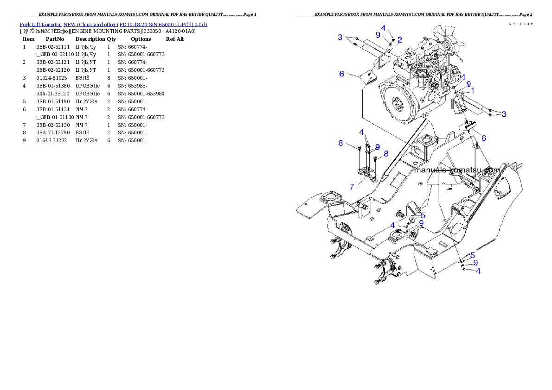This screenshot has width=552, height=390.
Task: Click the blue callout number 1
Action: point(472,91)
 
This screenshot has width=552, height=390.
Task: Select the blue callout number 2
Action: point(399,40)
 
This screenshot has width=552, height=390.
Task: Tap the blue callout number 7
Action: point(352,187)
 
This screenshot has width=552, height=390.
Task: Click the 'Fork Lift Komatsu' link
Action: point(40,24)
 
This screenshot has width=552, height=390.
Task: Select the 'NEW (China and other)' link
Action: point(90,24)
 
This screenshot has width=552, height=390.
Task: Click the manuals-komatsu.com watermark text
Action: point(456,170)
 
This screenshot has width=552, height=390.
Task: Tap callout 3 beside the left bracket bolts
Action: point(340,37)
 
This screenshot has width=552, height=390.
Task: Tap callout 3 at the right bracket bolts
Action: point(504,114)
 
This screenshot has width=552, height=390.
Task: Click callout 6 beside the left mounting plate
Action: point(342,74)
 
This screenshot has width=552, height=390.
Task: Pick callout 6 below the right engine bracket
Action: point(483,138)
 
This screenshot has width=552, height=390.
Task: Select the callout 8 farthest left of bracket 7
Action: point(340,143)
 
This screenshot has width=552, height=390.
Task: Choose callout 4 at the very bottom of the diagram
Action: point(478,271)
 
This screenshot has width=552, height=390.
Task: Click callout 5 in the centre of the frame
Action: point(423,215)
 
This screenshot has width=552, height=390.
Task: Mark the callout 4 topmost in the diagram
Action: point(384,28)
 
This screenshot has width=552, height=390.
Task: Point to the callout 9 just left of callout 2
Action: point(378,35)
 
